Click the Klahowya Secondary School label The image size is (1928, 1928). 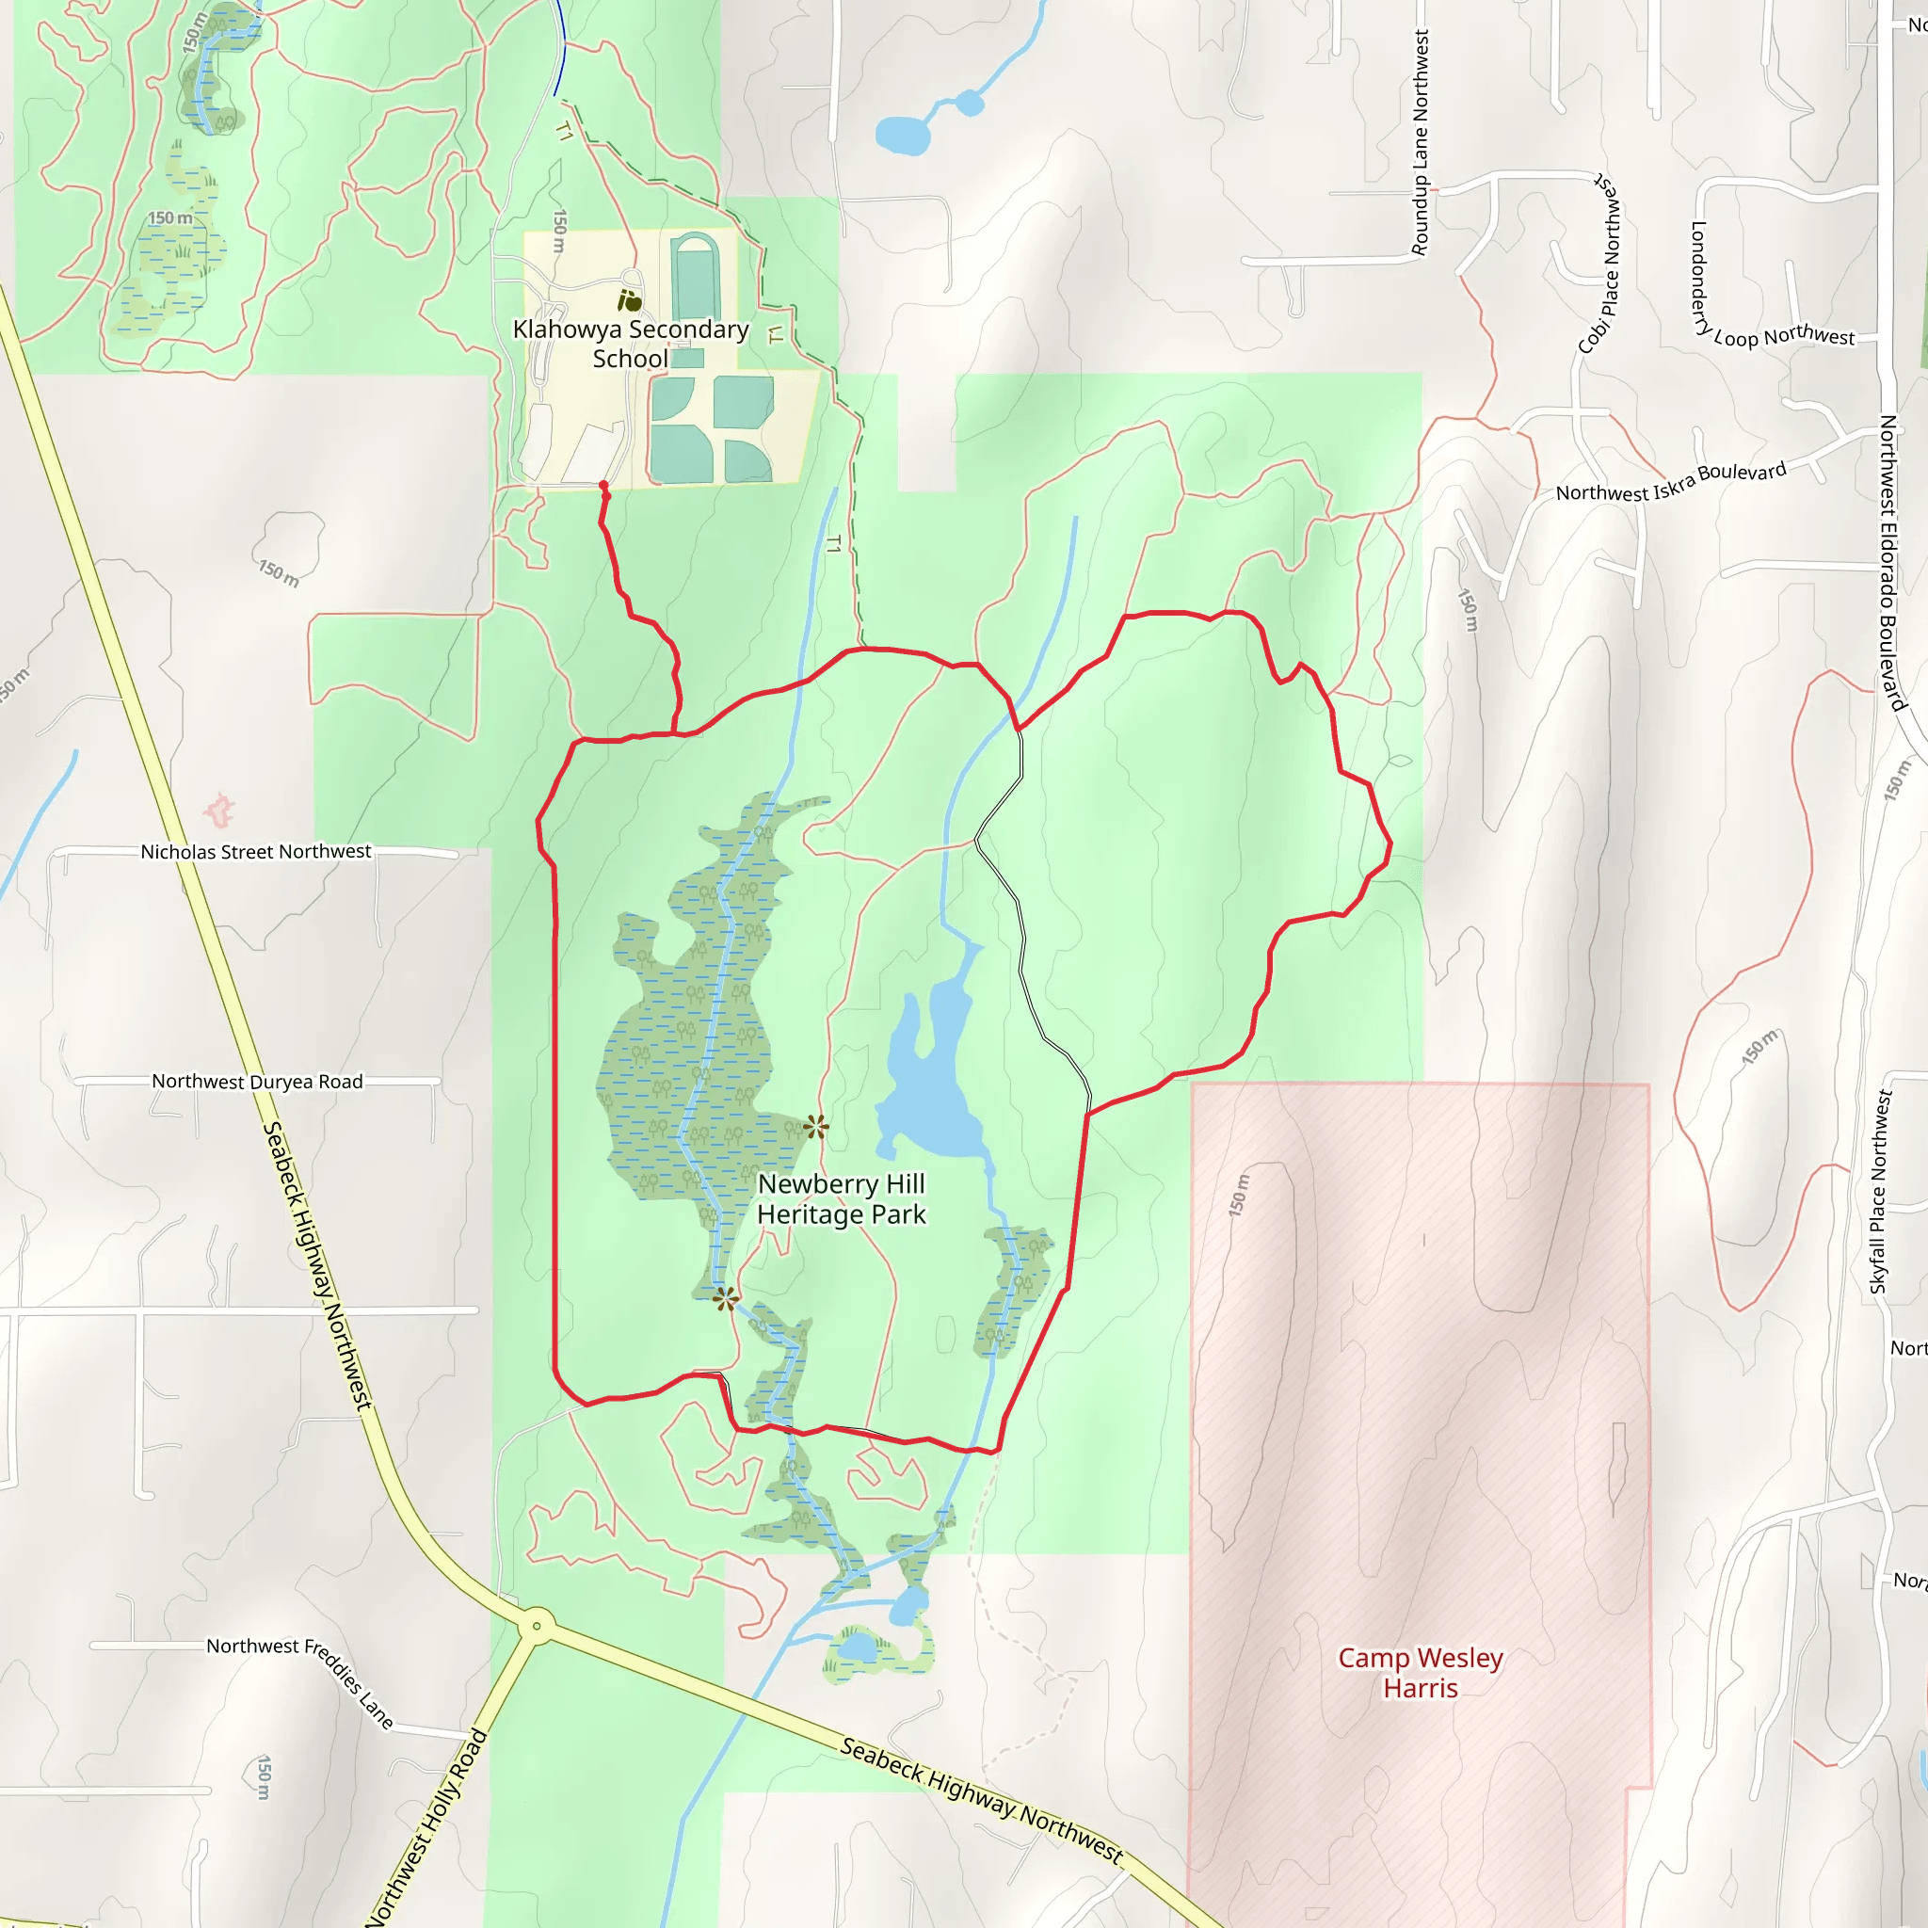pos(630,344)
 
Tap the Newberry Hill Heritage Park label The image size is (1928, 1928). pos(842,1198)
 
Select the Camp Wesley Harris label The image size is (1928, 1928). pos(1419,1673)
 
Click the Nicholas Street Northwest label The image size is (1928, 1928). pos(255,851)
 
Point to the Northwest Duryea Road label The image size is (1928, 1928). pos(256,1081)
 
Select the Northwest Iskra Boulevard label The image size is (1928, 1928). pos(1671,482)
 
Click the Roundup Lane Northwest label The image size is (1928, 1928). pos(1420,142)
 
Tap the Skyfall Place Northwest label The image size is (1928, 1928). pos(1880,1192)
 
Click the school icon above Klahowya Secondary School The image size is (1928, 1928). pos(629,299)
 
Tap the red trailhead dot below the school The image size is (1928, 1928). pos(602,486)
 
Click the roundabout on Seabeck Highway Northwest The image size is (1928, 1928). pos(537,1626)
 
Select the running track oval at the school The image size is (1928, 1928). pos(695,277)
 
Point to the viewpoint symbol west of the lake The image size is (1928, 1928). pos(815,1128)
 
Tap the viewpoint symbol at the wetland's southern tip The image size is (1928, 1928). pos(726,1299)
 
